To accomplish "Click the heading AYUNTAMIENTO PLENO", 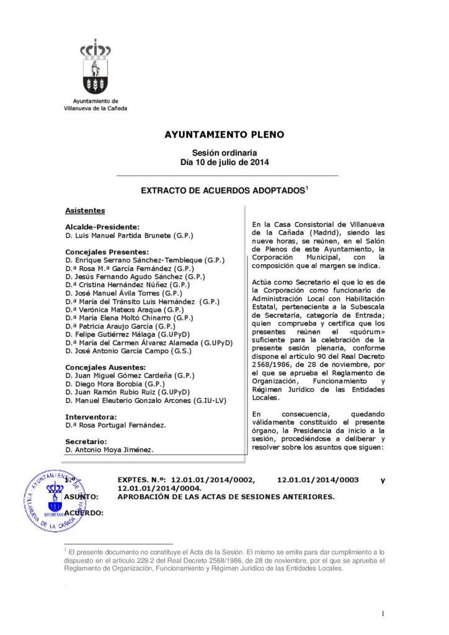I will point(225,134).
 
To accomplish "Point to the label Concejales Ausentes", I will point(105,367).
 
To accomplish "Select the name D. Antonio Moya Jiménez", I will point(109,449).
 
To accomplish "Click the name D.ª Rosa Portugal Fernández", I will point(115,425).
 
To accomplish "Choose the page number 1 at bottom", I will point(384,614).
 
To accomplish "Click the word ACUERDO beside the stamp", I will point(84,513).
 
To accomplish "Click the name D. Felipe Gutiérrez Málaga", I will point(127,334).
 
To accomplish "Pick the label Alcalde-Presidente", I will point(102,228).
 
